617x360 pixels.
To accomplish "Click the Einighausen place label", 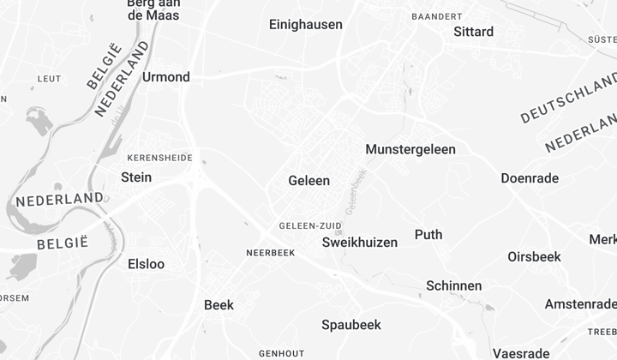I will point(305,25).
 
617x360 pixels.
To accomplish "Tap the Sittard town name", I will point(473,32).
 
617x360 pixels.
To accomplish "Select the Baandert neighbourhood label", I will point(437,16).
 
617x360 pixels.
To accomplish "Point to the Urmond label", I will point(166,77).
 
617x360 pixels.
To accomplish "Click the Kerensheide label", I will point(159,158).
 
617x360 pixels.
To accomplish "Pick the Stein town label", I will point(136,177).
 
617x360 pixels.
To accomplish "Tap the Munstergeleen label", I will point(410,149).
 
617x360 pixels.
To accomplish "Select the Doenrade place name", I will point(530,178).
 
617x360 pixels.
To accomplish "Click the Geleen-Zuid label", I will point(310,226).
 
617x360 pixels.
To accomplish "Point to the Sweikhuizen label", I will point(360,243).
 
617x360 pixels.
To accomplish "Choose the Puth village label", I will point(428,235).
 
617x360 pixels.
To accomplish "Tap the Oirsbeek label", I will point(534,256).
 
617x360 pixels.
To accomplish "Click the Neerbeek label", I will point(270,253).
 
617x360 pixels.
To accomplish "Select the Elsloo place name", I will point(146,264).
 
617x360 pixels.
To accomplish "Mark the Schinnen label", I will point(454,285).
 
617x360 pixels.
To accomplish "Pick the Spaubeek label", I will point(350,325).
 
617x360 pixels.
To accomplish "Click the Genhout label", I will point(281,353).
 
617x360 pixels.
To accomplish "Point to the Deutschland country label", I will point(567,103).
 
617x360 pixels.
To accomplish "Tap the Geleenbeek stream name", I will point(355,190).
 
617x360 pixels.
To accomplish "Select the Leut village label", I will point(49,79).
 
